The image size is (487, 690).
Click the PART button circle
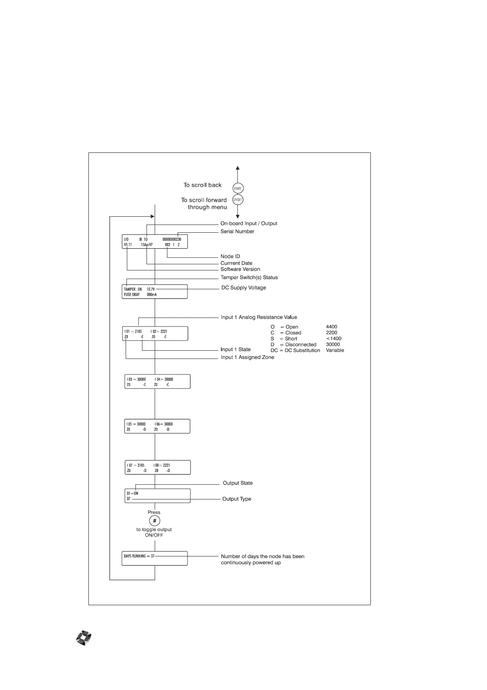pyautogui.click(x=238, y=188)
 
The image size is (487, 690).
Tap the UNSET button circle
pyautogui.click(x=238, y=200)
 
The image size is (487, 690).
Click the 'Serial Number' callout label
pyautogui.click(x=237, y=232)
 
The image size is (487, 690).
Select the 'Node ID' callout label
pyautogui.click(x=230, y=256)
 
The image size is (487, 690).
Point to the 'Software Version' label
pyautogui.click(x=240, y=269)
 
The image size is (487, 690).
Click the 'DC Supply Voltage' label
pyautogui.click(x=243, y=288)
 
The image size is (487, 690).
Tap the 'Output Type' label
pyautogui.click(x=237, y=499)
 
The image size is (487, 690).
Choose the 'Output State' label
pyautogui.click(x=237, y=483)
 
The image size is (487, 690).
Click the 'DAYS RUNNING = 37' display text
pyautogui.click(x=139, y=556)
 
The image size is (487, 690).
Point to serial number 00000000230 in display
pyautogui.click(x=171, y=239)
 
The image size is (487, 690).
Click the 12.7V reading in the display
pyautogui.click(x=151, y=289)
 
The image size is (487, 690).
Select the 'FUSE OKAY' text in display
pyautogui.click(x=132, y=295)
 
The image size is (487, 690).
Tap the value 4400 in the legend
pyautogui.click(x=331, y=327)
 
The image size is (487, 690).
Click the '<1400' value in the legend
pyautogui.click(x=334, y=339)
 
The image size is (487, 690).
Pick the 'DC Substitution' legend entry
pyautogui.click(x=302, y=350)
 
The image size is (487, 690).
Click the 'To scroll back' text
pyautogui.click(x=202, y=185)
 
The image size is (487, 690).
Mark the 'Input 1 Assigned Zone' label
pyautogui.click(x=247, y=357)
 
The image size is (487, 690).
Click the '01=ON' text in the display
pyautogui.click(x=133, y=494)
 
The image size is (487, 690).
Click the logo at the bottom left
pyautogui.click(x=84, y=638)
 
